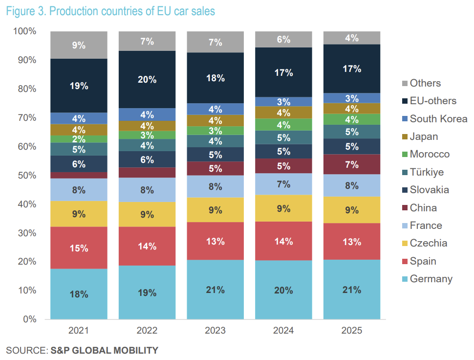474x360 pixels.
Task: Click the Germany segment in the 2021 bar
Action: point(79,294)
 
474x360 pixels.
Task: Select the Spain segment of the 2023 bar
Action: point(215,241)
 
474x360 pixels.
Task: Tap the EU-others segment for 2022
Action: point(147,79)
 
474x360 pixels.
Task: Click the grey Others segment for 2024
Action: point(283,39)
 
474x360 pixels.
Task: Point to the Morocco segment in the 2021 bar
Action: point(79,139)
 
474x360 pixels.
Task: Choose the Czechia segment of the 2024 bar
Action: point(283,208)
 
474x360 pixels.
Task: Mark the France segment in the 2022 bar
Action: point(147,190)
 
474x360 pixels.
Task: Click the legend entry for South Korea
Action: point(438,119)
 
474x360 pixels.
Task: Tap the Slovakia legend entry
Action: point(429,190)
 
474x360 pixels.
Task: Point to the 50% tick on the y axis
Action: point(24,176)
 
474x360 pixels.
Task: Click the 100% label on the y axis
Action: point(24,32)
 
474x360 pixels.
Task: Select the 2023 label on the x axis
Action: point(215,331)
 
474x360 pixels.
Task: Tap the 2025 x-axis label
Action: point(352,331)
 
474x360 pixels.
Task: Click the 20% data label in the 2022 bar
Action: point(147,79)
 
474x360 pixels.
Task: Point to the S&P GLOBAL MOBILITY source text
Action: point(104,350)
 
